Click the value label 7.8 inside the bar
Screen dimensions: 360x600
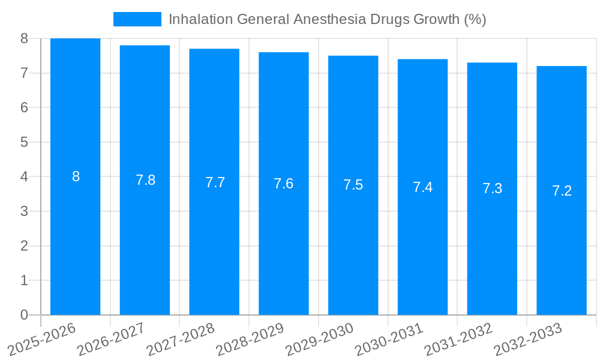click(x=145, y=180)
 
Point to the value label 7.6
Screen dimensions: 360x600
click(x=283, y=184)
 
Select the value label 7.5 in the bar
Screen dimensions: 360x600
click(x=353, y=185)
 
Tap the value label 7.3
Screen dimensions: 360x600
click(x=492, y=188)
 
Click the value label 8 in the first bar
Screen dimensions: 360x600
click(x=76, y=176)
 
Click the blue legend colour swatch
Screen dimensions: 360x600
click(x=137, y=19)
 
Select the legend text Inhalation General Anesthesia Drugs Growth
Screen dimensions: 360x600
click(x=327, y=19)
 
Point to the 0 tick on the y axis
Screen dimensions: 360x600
click(x=24, y=315)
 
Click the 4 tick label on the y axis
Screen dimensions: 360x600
click(x=24, y=177)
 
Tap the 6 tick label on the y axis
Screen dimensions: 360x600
click(x=24, y=107)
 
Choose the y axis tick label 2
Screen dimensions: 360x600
click(x=24, y=246)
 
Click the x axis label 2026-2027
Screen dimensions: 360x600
click(x=110, y=338)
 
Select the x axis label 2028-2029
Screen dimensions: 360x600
click(x=249, y=338)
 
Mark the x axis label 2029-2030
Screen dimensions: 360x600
click(x=319, y=338)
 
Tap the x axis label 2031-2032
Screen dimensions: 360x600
click(x=458, y=338)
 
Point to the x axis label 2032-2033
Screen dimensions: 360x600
click(x=527, y=338)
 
